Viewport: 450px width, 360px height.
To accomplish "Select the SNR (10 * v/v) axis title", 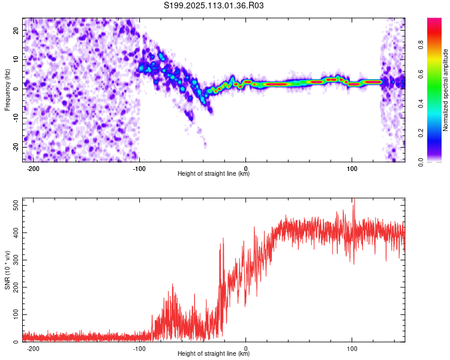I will [x=7, y=270].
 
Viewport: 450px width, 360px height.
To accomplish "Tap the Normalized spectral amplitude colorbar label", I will [x=445, y=90].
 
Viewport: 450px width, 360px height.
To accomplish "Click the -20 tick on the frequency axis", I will [x=15, y=147].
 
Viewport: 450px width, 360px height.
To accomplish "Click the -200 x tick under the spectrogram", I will [x=34, y=169].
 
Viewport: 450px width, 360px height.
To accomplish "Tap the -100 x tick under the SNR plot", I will [x=140, y=349].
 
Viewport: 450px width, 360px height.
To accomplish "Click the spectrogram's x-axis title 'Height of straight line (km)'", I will [x=214, y=174].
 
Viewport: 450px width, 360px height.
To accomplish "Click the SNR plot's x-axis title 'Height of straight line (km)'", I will [x=214, y=354].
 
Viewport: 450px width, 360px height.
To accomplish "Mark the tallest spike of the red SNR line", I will [x=353, y=200].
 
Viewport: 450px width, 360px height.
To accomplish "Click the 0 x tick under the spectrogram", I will [x=245, y=169].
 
